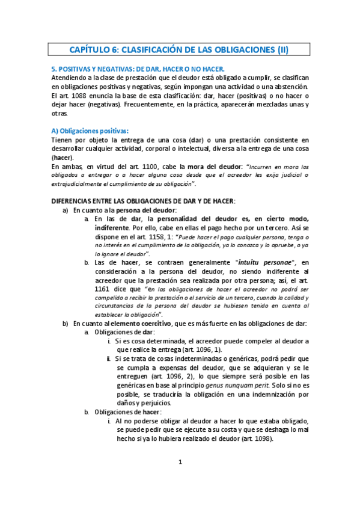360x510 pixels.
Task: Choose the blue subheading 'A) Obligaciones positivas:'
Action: coord(90,131)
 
